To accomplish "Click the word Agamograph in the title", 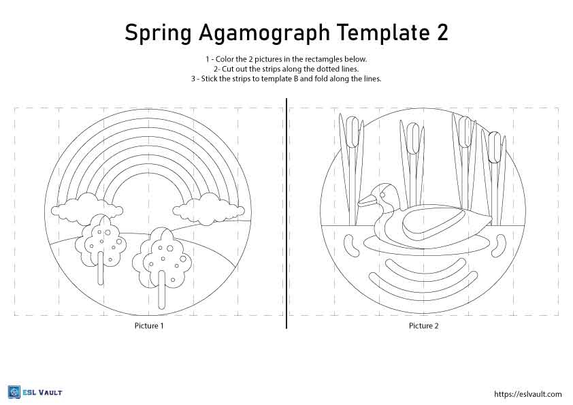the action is coord(264,33).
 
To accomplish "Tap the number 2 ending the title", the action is coord(442,33).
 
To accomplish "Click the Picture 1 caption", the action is coord(149,325).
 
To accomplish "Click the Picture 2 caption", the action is coord(423,325).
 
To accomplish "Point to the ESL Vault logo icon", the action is coord(14,393).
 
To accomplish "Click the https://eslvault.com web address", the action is coord(527,394).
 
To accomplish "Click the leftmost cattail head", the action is coord(352,132).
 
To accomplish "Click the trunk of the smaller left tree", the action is coord(101,267).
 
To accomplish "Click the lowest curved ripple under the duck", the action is coord(424,282).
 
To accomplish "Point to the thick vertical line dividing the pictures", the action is coord(287,214).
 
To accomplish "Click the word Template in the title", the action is coord(382,33).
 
